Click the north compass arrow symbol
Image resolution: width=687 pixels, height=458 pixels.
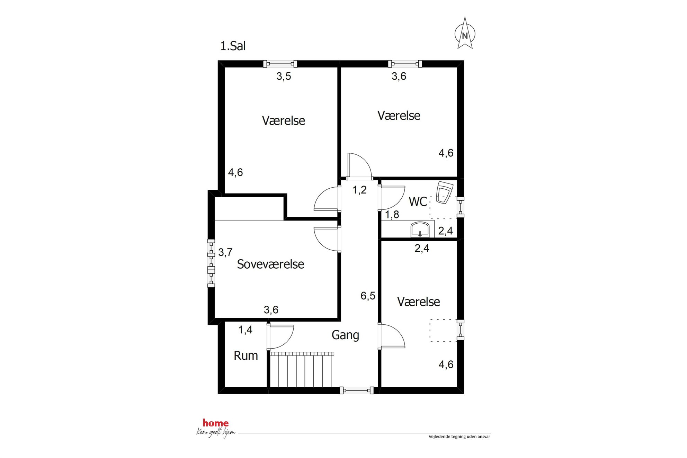465,34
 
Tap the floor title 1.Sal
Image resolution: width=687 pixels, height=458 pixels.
233,46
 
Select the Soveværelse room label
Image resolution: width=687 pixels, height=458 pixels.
270,264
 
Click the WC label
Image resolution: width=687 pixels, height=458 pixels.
418,201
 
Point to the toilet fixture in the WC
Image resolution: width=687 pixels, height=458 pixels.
444,192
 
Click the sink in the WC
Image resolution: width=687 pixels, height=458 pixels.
420,230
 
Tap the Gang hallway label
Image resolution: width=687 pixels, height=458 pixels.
345,335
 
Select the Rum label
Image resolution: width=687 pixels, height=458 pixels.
246,356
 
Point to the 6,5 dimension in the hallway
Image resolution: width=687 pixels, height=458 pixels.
368,296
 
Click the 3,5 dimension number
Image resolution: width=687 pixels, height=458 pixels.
284,76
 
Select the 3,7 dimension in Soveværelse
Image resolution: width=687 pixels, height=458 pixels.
225,252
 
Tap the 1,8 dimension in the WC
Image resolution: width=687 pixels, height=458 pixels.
392,215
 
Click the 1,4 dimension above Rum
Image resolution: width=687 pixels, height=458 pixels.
245,330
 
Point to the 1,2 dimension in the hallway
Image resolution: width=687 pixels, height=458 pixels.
359,190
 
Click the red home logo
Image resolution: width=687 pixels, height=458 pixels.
215,423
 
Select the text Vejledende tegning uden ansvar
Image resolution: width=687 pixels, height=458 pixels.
459,437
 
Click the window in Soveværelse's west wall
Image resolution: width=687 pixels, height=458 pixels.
211,263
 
